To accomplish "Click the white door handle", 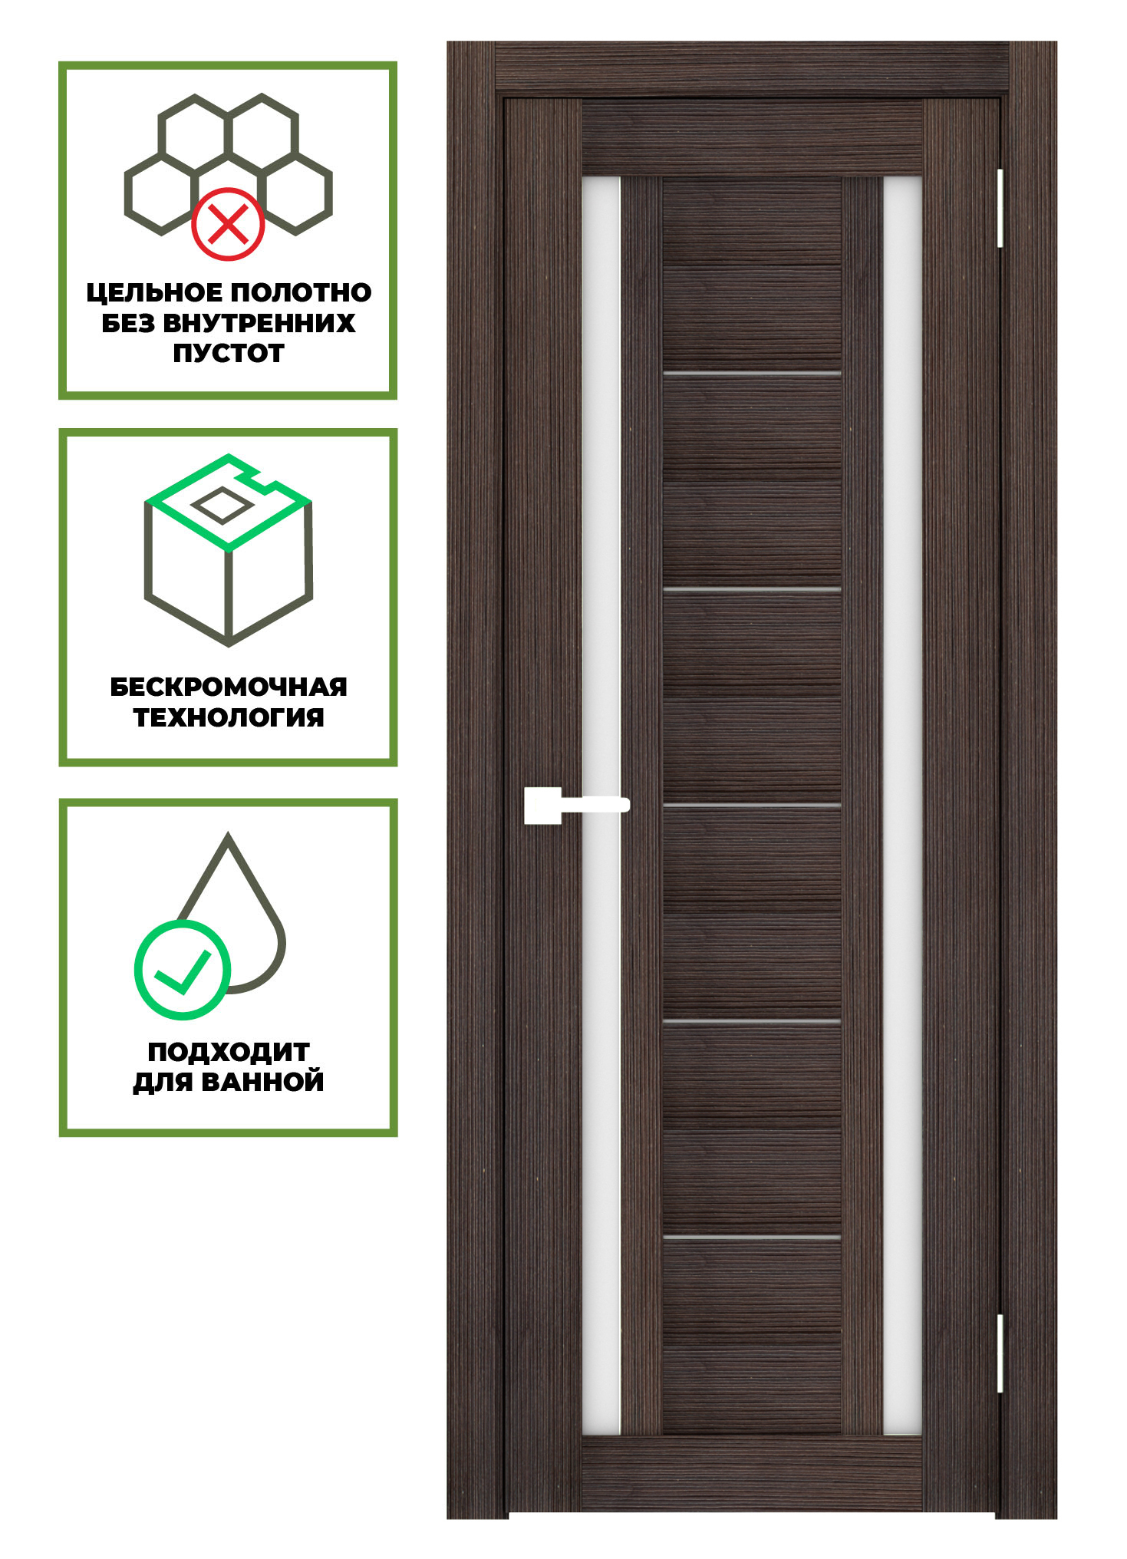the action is [x=575, y=805].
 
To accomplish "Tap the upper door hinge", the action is [x=1000, y=208].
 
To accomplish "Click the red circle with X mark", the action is [x=228, y=224].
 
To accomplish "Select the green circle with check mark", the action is [x=183, y=969].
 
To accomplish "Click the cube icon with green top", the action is [x=229, y=549].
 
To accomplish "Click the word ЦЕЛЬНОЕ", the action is [x=154, y=292].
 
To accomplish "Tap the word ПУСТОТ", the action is [x=229, y=354].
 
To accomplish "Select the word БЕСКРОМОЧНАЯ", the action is [x=229, y=687].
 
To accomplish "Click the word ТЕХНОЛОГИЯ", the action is [x=229, y=717].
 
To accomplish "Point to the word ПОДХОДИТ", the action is [x=229, y=1052].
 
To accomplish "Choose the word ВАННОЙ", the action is [x=262, y=1082].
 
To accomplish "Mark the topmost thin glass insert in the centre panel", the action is [x=752, y=374].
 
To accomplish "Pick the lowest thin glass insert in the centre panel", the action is [x=752, y=1238].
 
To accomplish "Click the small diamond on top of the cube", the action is [x=221, y=505].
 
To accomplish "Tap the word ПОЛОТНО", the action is [x=302, y=292].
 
